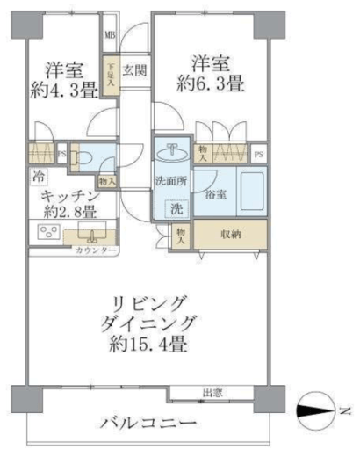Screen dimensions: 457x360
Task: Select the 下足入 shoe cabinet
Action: pos(112,70)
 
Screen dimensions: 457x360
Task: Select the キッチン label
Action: pos(67,196)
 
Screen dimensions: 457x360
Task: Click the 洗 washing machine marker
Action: pos(176,209)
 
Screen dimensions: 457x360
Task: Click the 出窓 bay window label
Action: pos(212,392)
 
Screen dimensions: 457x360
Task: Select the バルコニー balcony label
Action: pos(147,424)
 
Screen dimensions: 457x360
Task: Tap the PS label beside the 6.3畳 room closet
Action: pos(258,155)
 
